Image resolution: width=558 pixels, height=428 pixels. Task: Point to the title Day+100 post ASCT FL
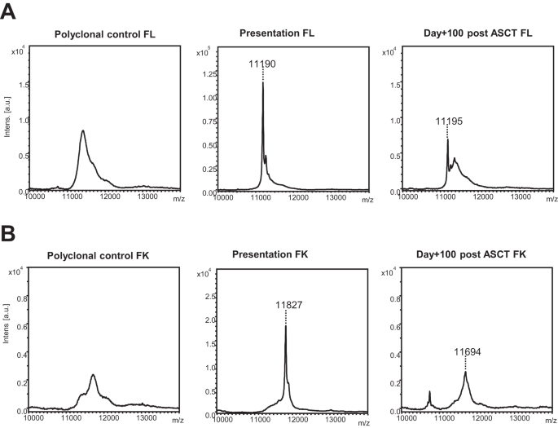(469, 34)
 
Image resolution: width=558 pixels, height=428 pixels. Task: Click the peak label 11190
(263, 64)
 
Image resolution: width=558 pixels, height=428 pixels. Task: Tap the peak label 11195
(449, 121)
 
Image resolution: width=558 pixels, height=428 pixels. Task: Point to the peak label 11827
(286, 305)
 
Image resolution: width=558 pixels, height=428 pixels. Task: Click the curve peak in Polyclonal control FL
(83, 130)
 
